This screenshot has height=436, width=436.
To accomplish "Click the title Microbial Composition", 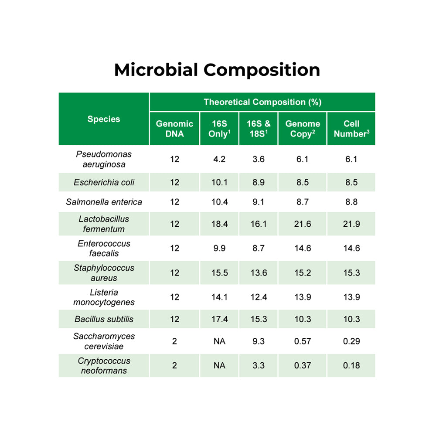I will [x=217, y=70].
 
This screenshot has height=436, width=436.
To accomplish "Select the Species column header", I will [x=104, y=119].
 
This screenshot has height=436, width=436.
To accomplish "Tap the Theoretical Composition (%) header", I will [x=262, y=102].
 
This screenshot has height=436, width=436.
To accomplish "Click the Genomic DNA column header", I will [x=174, y=129].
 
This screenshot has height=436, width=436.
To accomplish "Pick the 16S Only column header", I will [x=219, y=129].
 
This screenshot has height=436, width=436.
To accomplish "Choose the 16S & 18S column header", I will [x=259, y=129].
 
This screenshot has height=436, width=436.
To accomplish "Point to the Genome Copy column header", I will [x=303, y=129].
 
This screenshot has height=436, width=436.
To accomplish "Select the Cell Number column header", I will [x=351, y=129].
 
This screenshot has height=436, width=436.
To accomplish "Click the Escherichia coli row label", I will [x=104, y=182].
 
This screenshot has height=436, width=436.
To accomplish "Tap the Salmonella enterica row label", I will [x=104, y=202].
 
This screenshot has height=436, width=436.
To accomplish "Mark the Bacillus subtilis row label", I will [x=104, y=319].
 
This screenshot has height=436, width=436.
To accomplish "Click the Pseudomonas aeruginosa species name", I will [x=104, y=159].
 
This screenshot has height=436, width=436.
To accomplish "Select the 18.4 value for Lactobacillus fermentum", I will [x=219, y=224].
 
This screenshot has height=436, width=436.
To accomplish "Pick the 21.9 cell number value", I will [x=351, y=224].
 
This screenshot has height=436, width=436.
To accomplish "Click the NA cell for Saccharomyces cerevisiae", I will [x=219, y=341].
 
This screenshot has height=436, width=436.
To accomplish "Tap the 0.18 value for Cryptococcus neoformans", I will [x=351, y=365].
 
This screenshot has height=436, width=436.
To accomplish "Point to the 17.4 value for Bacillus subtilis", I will [x=219, y=319].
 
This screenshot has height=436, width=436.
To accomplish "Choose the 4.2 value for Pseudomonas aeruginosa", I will [x=219, y=159].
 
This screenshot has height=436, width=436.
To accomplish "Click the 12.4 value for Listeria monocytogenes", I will [x=259, y=297].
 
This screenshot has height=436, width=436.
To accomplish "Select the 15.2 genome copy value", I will [x=303, y=273].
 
